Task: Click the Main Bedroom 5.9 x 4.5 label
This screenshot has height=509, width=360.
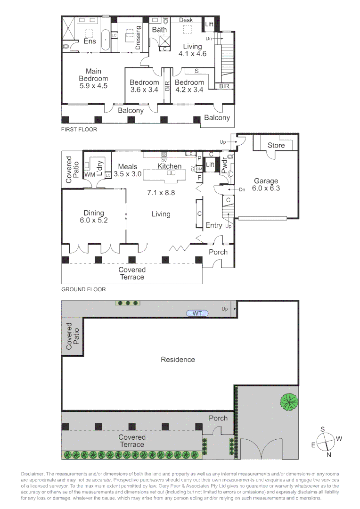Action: [93, 79]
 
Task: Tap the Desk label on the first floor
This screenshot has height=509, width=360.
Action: [186, 20]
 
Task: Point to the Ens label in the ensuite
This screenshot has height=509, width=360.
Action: [90, 41]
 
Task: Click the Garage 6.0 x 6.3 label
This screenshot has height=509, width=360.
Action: [266, 184]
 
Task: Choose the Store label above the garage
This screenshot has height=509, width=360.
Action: [276, 145]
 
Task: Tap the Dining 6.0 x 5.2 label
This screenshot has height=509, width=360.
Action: [93, 217]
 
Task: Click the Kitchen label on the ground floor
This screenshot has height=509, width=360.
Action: [170, 166]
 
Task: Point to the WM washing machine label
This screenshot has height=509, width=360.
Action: [90, 175]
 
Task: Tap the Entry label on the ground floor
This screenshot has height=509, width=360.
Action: [213, 226]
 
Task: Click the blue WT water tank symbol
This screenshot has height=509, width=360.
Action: [196, 313]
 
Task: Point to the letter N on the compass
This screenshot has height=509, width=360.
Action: [329, 454]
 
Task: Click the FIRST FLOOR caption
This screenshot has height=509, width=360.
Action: [79, 129]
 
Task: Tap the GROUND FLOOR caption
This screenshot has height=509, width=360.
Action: [83, 289]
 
